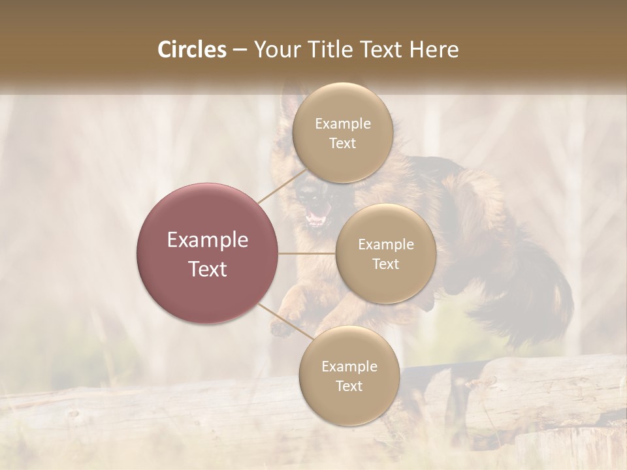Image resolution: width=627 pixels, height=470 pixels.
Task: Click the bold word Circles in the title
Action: tap(191, 50)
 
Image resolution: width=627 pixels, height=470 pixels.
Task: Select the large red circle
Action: tap(207, 253)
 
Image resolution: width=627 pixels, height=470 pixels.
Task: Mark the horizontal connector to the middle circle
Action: tap(306, 253)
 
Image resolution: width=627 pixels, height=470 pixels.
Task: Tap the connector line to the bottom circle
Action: tap(285, 323)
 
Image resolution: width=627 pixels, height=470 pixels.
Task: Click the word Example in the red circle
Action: tap(208, 240)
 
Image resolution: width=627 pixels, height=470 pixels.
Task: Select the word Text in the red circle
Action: tap(208, 269)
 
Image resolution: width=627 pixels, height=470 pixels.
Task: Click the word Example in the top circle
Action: tap(343, 124)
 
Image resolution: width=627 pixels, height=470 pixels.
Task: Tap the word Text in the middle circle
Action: tap(385, 264)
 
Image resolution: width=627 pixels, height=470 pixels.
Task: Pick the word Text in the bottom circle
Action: tap(349, 386)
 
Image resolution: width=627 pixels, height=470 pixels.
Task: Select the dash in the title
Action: tap(239, 50)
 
